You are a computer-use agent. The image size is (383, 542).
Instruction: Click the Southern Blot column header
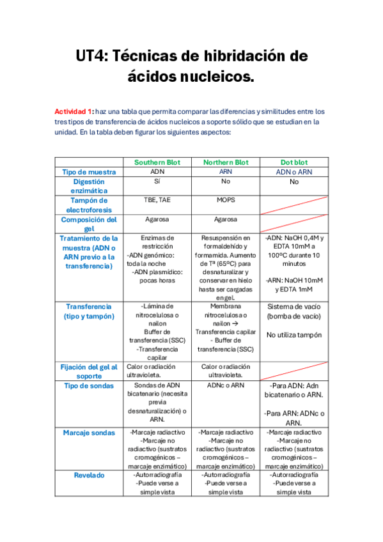[157, 162]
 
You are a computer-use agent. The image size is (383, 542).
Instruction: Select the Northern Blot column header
[226, 162]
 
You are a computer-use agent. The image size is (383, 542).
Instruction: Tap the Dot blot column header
[294, 162]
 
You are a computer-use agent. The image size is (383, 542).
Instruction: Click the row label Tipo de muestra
[89, 172]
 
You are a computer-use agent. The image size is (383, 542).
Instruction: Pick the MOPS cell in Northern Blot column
[226, 200]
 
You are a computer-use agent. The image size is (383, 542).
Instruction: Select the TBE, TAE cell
[157, 200]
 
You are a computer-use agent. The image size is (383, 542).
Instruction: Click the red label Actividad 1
[74, 111]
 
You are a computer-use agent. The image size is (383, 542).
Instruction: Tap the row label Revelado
[89, 475]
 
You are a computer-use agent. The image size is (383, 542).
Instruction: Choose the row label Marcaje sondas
[89, 433]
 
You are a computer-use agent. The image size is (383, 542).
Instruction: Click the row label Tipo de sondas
[89, 385]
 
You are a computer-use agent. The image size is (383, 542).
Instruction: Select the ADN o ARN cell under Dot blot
[294, 172]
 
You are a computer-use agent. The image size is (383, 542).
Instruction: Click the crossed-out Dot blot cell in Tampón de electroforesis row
[294, 205]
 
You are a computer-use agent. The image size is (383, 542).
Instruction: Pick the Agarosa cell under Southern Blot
[157, 219]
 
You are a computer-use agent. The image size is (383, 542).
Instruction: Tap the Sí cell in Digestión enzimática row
[157, 182]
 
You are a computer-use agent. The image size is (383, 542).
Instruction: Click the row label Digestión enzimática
[89, 186]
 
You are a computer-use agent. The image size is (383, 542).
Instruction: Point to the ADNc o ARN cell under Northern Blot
[226, 385]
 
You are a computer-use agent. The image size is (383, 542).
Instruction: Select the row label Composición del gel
[89, 224]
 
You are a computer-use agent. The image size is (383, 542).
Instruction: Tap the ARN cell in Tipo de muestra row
[226, 172]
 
